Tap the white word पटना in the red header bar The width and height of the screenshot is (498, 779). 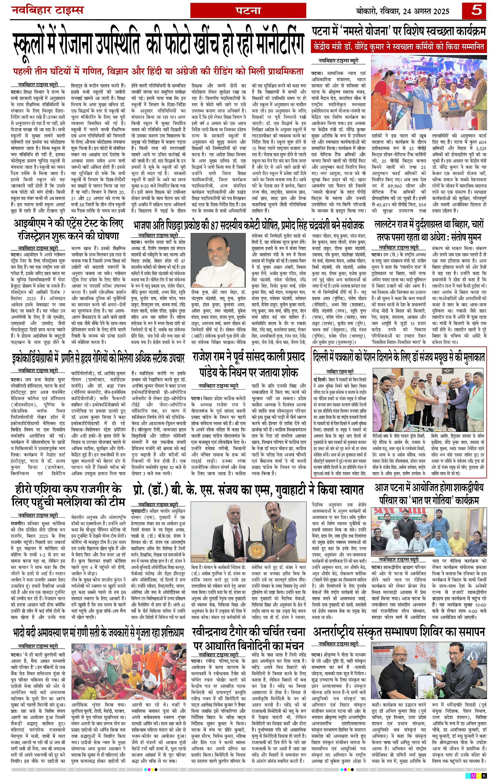(x=248, y=11)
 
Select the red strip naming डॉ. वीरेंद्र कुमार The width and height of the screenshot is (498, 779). (x=399, y=46)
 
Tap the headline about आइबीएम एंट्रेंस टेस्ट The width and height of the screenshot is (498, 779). (x=68, y=229)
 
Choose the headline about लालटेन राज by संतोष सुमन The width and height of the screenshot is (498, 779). (x=429, y=231)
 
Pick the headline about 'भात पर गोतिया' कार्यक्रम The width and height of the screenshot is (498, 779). (x=429, y=495)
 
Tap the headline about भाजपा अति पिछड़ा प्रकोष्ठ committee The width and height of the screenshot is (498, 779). (x=248, y=225)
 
